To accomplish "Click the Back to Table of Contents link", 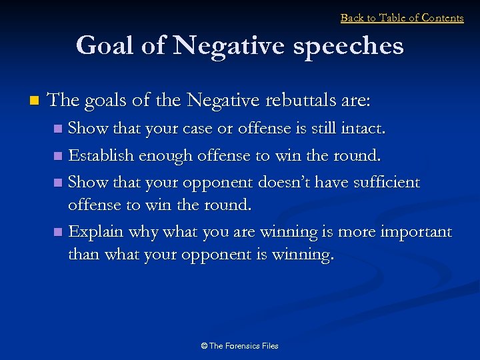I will pos(402,18).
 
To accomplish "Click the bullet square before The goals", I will pos(34,101).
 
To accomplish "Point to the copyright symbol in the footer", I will pos(204,346).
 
